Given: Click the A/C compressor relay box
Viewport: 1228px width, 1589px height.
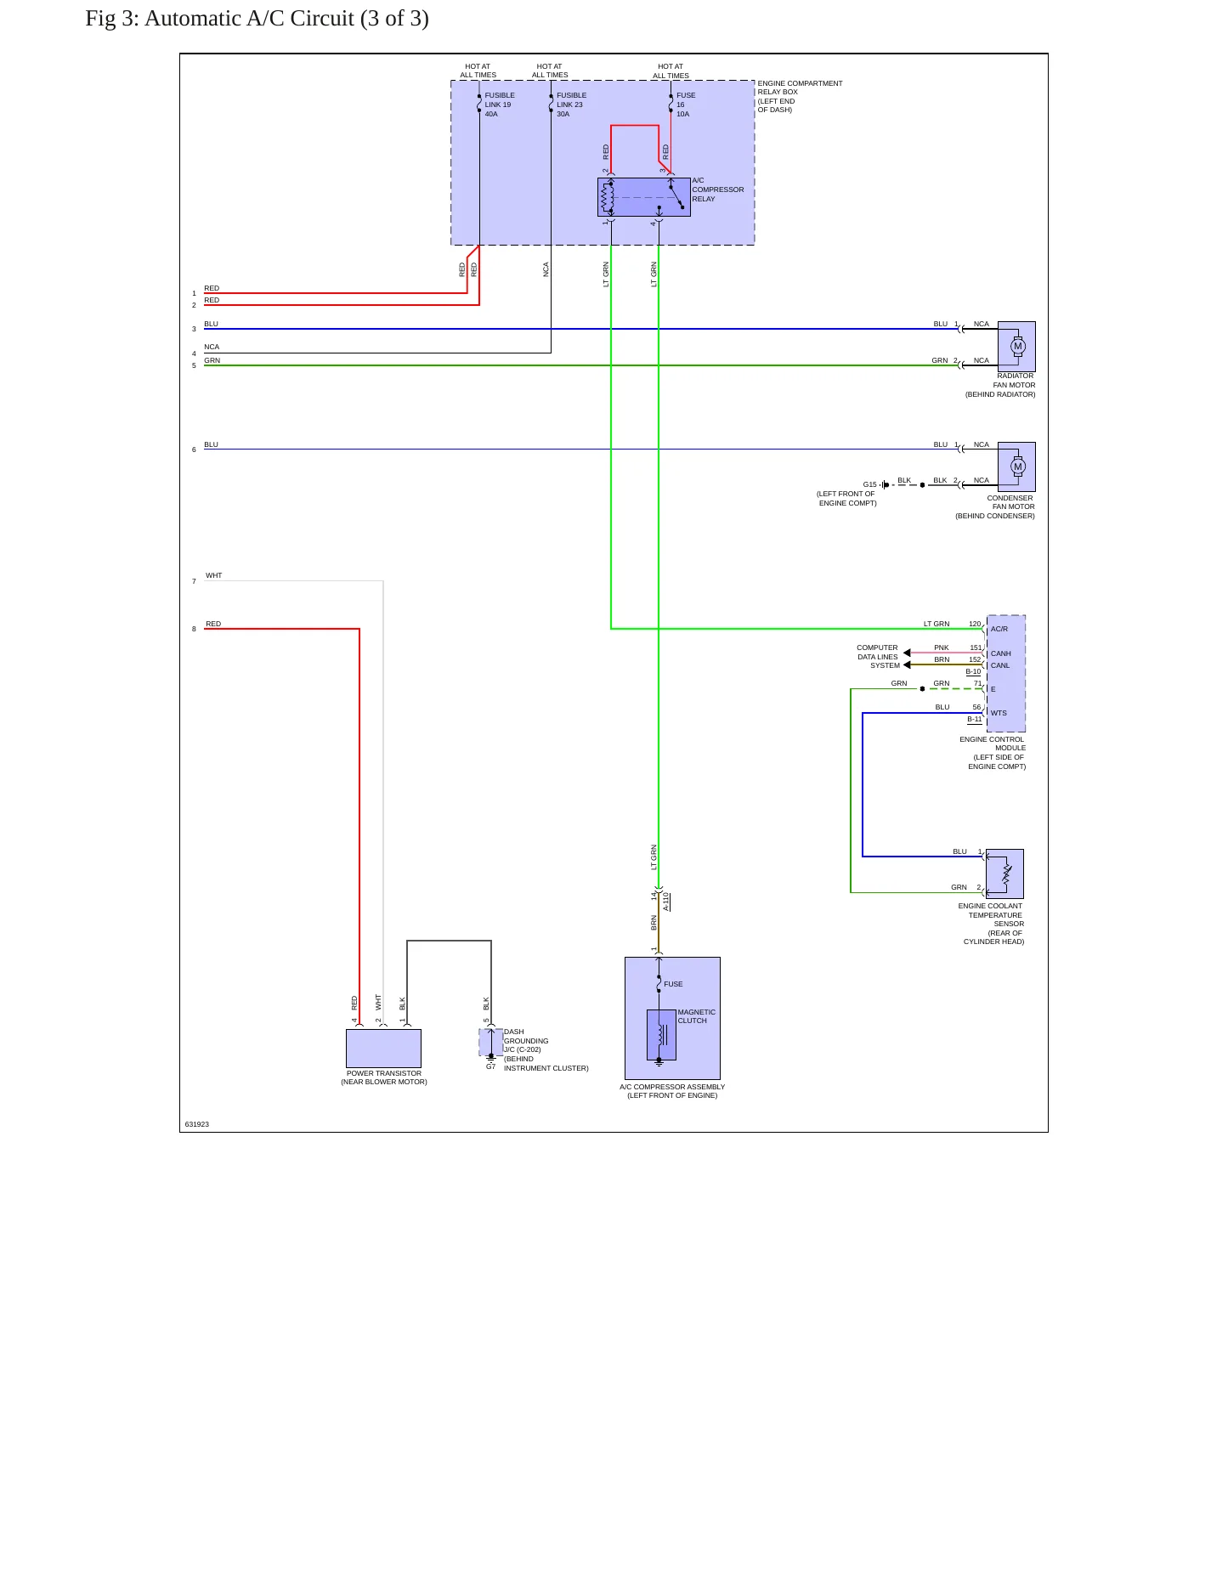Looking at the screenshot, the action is coord(643,197).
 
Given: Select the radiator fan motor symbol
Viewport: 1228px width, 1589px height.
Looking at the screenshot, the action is coord(1016,346).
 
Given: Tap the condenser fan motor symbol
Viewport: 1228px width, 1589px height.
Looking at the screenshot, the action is coord(1016,467).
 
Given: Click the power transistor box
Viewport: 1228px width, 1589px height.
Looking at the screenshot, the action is coord(383,1049).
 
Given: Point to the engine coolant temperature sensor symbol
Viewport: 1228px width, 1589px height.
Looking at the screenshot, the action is coord(1004,874).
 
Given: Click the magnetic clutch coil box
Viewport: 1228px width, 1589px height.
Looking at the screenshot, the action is coord(661,1035).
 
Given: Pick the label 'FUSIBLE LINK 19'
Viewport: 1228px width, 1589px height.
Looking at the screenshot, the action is coord(500,100).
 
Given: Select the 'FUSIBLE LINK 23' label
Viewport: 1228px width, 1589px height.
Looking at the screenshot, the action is coord(571,100).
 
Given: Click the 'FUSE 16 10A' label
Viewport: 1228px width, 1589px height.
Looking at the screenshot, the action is coord(686,105).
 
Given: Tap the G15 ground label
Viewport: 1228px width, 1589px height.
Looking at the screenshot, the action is coord(869,484).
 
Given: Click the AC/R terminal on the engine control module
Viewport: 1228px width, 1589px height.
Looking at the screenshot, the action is coord(999,629).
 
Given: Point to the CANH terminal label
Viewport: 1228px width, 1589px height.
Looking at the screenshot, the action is coord(1001,653).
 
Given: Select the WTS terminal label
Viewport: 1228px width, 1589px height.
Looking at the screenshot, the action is coord(999,713).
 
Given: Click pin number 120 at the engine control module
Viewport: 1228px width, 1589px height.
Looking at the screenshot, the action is coord(975,624).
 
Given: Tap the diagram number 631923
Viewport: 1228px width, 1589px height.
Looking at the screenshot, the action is coord(197,1124).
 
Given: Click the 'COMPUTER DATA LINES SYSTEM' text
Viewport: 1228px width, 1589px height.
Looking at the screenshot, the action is coord(878,656).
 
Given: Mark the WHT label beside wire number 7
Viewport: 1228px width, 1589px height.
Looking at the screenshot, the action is coord(213,575).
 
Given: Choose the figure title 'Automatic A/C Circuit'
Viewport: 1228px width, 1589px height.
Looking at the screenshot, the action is coord(249,19).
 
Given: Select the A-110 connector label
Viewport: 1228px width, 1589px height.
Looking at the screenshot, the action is coord(666,902).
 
